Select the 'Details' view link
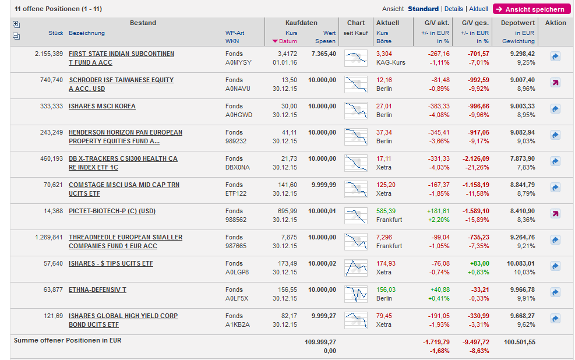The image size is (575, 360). pos(453,9)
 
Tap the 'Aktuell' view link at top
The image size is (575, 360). pos(478,9)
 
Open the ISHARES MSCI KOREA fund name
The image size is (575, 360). pos(102,107)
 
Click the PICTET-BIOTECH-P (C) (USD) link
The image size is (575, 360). pos(112,211)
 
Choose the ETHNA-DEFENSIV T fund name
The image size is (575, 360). pos(97,290)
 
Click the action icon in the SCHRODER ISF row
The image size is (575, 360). pos(555,83)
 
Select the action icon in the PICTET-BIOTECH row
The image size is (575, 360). pos(555,214)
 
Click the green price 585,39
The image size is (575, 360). pos(386,211)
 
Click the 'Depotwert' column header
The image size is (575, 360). pos(517,23)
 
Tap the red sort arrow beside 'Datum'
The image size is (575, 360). pos(275,41)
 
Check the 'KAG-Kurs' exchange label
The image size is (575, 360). pos(390,62)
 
